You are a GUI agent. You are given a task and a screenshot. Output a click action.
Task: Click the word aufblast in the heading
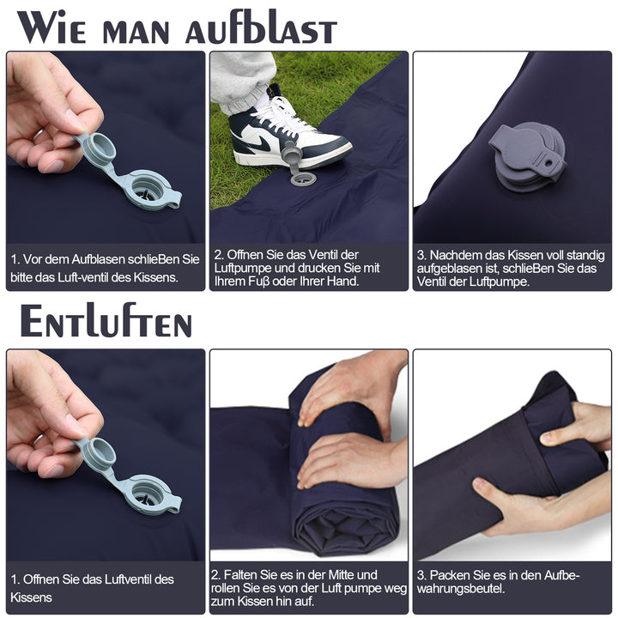[x=261, y=27]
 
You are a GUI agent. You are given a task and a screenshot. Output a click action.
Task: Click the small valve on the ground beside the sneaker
[x=302, y=179]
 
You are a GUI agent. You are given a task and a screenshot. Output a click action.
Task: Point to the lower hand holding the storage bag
[x=515, y=506]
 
